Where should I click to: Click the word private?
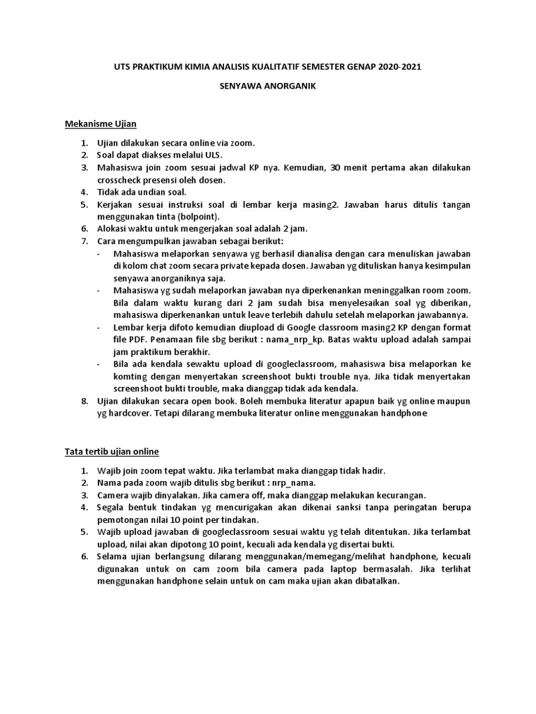(242, 266)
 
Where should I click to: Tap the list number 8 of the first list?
(83, 400)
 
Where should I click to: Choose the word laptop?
(327, 568)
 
